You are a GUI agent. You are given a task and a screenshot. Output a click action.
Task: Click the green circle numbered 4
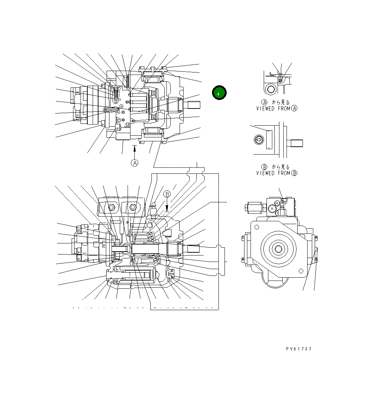pyautogui.click(x=219, y=93)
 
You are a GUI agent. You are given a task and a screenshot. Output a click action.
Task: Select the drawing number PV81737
pyautogui.click(x=298, y=349)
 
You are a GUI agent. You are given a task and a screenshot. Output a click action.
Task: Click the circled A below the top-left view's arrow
pyautogui.click(x=134, y=163)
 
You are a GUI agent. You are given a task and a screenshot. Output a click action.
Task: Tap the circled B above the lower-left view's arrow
pyautogui.click(x=167, y=194)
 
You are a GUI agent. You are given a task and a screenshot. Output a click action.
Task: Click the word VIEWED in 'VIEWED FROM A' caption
pyautogui.click(x=265, y=108)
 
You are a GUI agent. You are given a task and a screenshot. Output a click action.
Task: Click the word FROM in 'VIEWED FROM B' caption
pyautogui.click(x=283, y=173)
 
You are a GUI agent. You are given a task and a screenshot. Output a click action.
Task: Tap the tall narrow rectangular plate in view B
pyautogui.click(x=269, y=139)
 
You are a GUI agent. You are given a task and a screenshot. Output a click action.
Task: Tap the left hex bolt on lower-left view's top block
pyautogui.click(x=112, y=207)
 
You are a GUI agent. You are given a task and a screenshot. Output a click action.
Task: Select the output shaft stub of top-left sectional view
pyautogui.click(x=193, y=105)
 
